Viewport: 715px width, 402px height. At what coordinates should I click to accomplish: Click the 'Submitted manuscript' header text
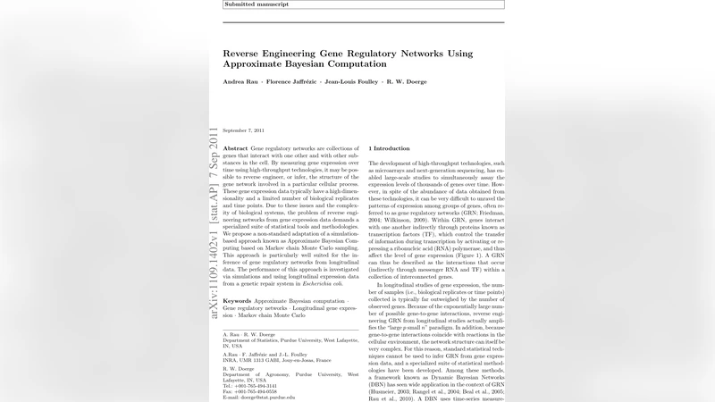(252, 4)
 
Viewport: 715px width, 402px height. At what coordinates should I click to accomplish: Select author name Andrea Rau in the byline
(240, 82)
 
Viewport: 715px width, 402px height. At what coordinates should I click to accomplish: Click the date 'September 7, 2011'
(244, 130)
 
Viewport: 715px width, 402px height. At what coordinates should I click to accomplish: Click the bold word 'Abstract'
(235, 148)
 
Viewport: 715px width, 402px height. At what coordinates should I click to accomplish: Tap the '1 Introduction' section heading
(389, 148)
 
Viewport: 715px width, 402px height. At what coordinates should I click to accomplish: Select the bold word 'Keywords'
(237, 302)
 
